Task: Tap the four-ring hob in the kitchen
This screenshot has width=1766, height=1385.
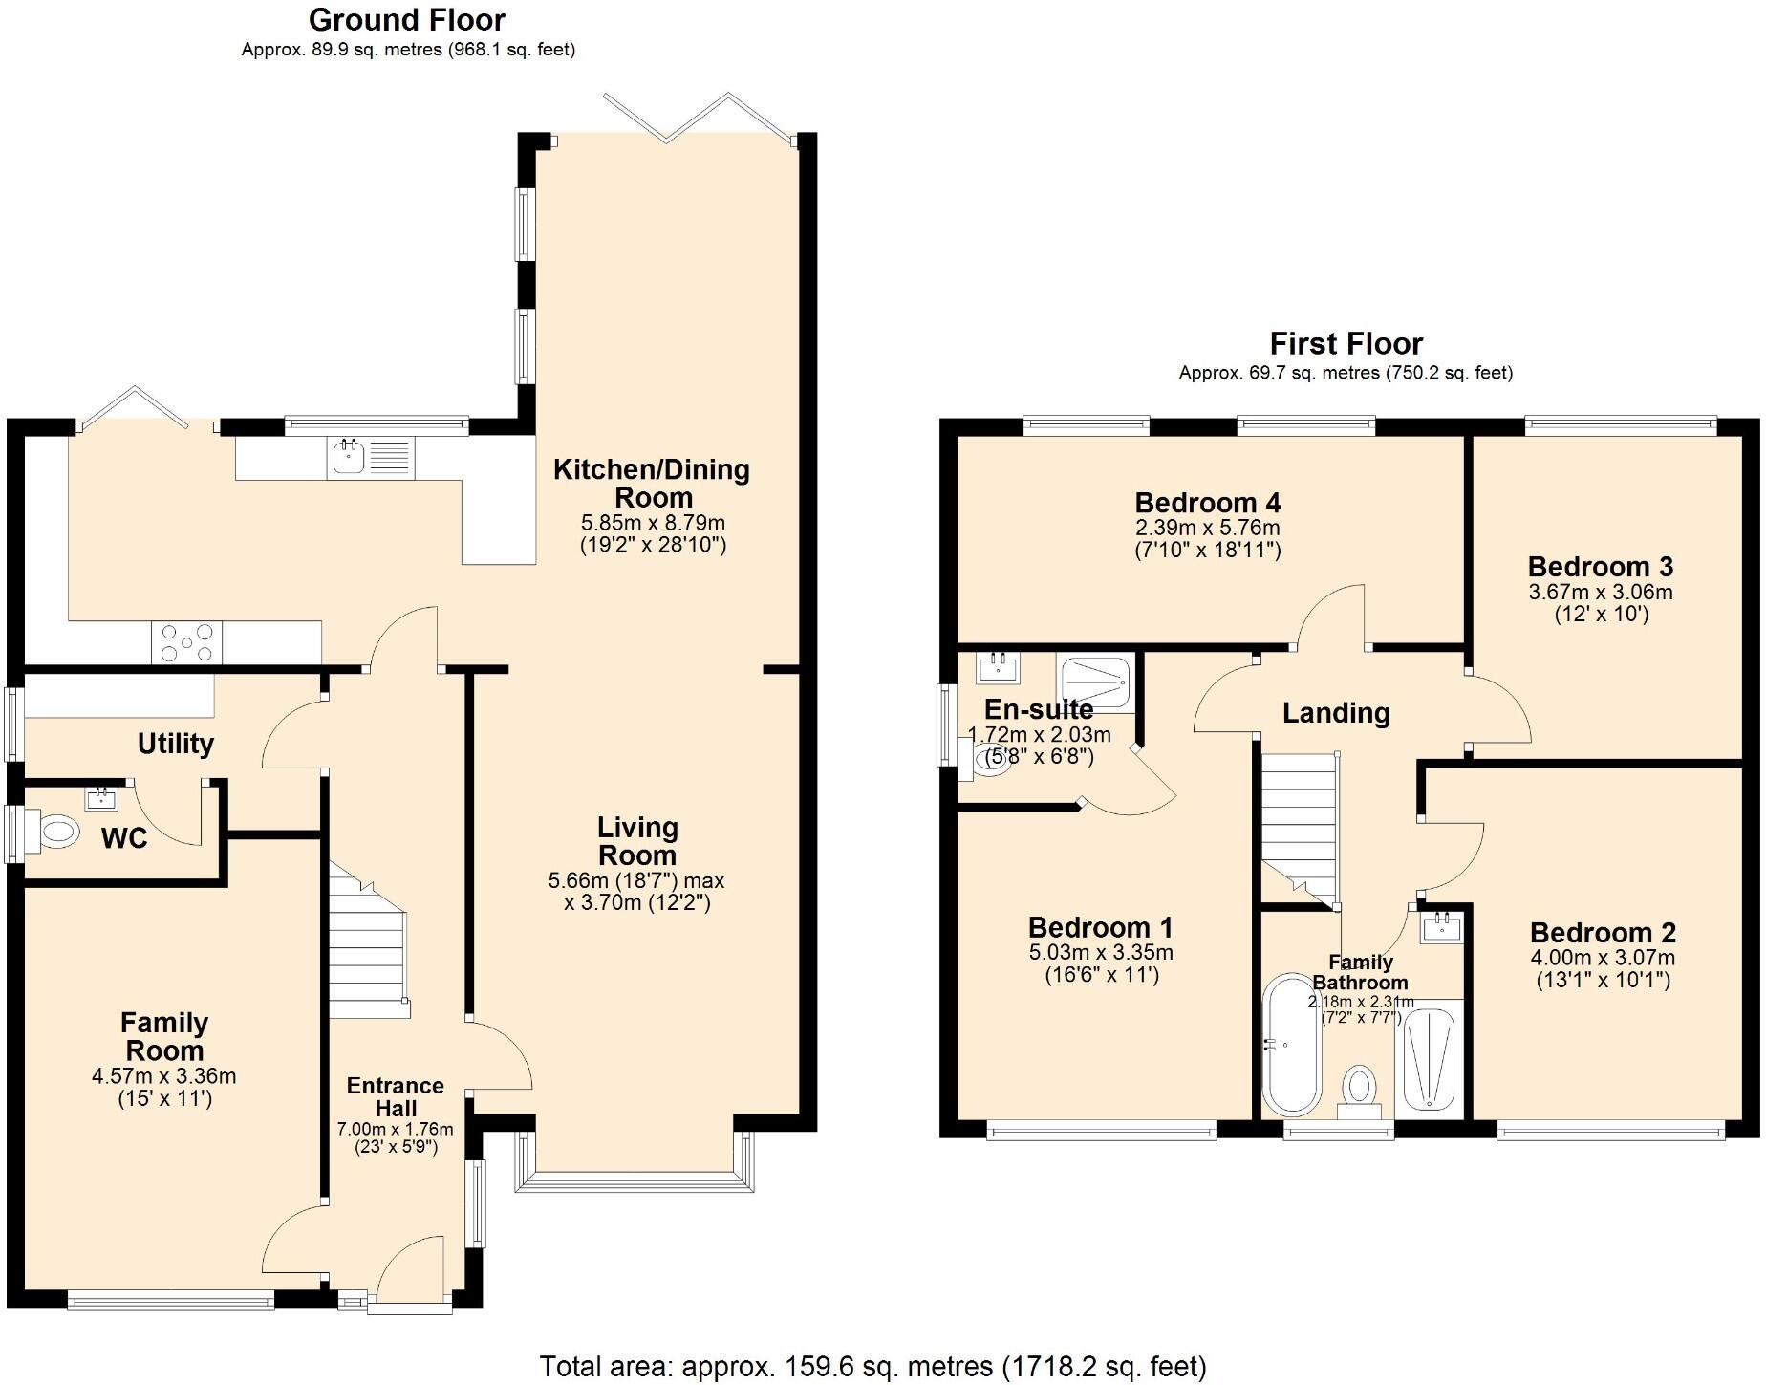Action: pyautogui.click(x=186, y=641)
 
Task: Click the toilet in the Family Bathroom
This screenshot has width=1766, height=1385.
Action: pyautogui.click(x=1359, y=1092)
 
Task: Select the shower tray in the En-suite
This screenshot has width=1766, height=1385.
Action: pyautogui.click(x=1096, y=682)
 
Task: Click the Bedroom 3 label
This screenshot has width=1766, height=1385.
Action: pyautogui.click(x=1600, y=567)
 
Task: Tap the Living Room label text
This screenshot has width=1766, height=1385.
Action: pyautogui.click(x=637, y=841)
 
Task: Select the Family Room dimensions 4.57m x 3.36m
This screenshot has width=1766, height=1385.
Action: pyautogui.click(x=163, y=1076)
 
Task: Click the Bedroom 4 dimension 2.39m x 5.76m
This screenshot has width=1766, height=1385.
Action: pyautogui.click(x=1207, y=528)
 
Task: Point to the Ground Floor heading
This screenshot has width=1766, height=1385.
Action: pyautogui.click(x=406, y=19)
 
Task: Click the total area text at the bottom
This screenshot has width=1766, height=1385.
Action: pyautogui.click(x=872, y=1366)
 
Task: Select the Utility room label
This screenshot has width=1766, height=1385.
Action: pyautogui.click(x=176, y=744)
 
